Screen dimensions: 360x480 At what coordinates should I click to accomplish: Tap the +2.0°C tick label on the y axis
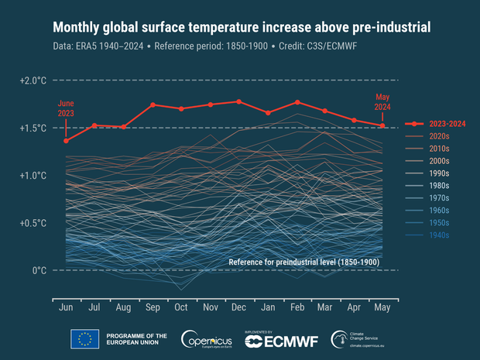[35, 81]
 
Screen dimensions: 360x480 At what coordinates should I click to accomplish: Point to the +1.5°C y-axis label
[35, 128]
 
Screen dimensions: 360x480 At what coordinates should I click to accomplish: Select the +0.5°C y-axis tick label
[35, 223]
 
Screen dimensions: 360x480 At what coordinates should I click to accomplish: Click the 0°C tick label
[39, 270]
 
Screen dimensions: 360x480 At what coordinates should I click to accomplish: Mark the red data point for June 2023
[67, 141]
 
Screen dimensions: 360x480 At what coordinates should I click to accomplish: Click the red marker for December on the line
[239, 101]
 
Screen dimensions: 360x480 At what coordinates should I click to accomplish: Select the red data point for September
[153, 105]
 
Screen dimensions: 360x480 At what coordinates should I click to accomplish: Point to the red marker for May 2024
[382, 125]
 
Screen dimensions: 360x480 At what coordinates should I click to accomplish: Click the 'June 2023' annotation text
[67, 108]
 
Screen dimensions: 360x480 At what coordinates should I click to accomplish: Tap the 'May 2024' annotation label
[381, 101]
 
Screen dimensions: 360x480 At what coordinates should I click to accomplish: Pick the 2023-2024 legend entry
[434, 124]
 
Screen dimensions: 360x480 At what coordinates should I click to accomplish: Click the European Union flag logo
[84, 338]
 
